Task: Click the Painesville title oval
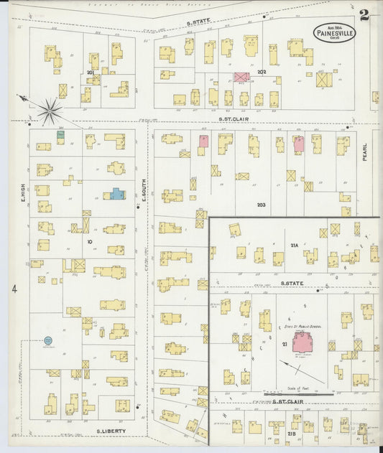333,32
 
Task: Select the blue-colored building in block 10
116,194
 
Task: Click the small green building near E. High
61,134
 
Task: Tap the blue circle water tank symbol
48,340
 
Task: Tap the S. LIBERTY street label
111,431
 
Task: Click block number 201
91,73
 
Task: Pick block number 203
261,205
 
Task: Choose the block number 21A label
294,246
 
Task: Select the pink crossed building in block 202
241,76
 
